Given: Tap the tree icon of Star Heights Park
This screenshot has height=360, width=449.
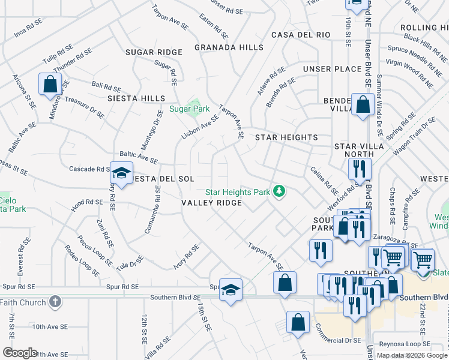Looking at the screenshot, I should (x=279, y=191).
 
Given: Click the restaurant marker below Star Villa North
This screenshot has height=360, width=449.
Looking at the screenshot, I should (x=360, y=170).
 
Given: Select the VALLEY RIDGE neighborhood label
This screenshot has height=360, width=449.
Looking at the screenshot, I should (x=212, y=203).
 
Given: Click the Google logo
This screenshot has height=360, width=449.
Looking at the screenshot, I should (x=20, y=353).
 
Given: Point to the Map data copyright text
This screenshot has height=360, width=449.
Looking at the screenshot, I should (x=411, y=355).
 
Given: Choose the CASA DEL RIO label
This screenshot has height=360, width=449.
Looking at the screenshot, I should (x=301, y=35).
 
